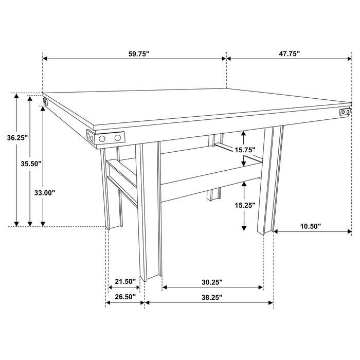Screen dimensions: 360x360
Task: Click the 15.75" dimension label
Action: point(244,150)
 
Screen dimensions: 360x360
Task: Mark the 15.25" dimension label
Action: point(244,205)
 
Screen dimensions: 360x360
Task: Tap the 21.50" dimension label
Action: point(125,281)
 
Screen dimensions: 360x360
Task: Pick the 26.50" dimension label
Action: point(125,297)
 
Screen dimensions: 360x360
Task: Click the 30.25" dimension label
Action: point(211,281)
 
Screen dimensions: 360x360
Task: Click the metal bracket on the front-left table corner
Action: point(106,138)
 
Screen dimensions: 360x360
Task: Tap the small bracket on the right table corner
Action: point(345,112)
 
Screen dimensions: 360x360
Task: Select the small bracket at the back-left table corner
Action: point(45,102)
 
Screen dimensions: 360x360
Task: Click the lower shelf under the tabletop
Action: point(206,177)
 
